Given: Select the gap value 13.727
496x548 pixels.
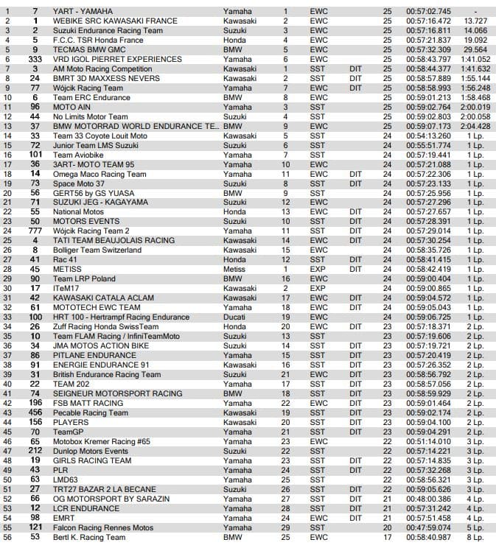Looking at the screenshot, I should (x=475, y=21).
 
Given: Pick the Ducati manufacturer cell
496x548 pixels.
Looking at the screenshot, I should (x=234, y=317).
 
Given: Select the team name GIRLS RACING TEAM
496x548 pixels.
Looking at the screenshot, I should (x=92, y=461).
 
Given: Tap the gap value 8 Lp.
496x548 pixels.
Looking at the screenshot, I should (x=475, y=538).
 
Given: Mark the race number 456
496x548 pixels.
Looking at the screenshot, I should (x=35, y=413).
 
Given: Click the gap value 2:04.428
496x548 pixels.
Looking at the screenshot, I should (x=475, y=126).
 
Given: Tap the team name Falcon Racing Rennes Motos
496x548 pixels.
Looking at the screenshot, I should (x=104, y=528).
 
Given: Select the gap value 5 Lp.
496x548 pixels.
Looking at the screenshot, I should (x=475, y=528).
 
